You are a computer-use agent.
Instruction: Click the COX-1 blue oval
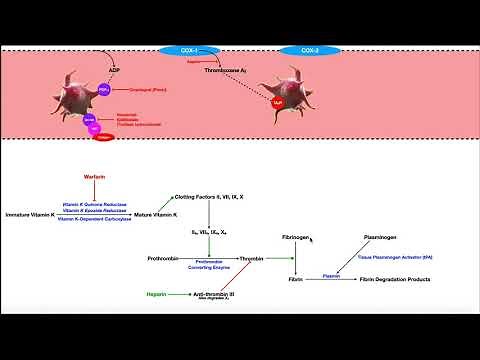coord(183,48)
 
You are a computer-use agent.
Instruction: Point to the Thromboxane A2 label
coord(225,71)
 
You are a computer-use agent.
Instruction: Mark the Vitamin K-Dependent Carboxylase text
coord(95,218)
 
